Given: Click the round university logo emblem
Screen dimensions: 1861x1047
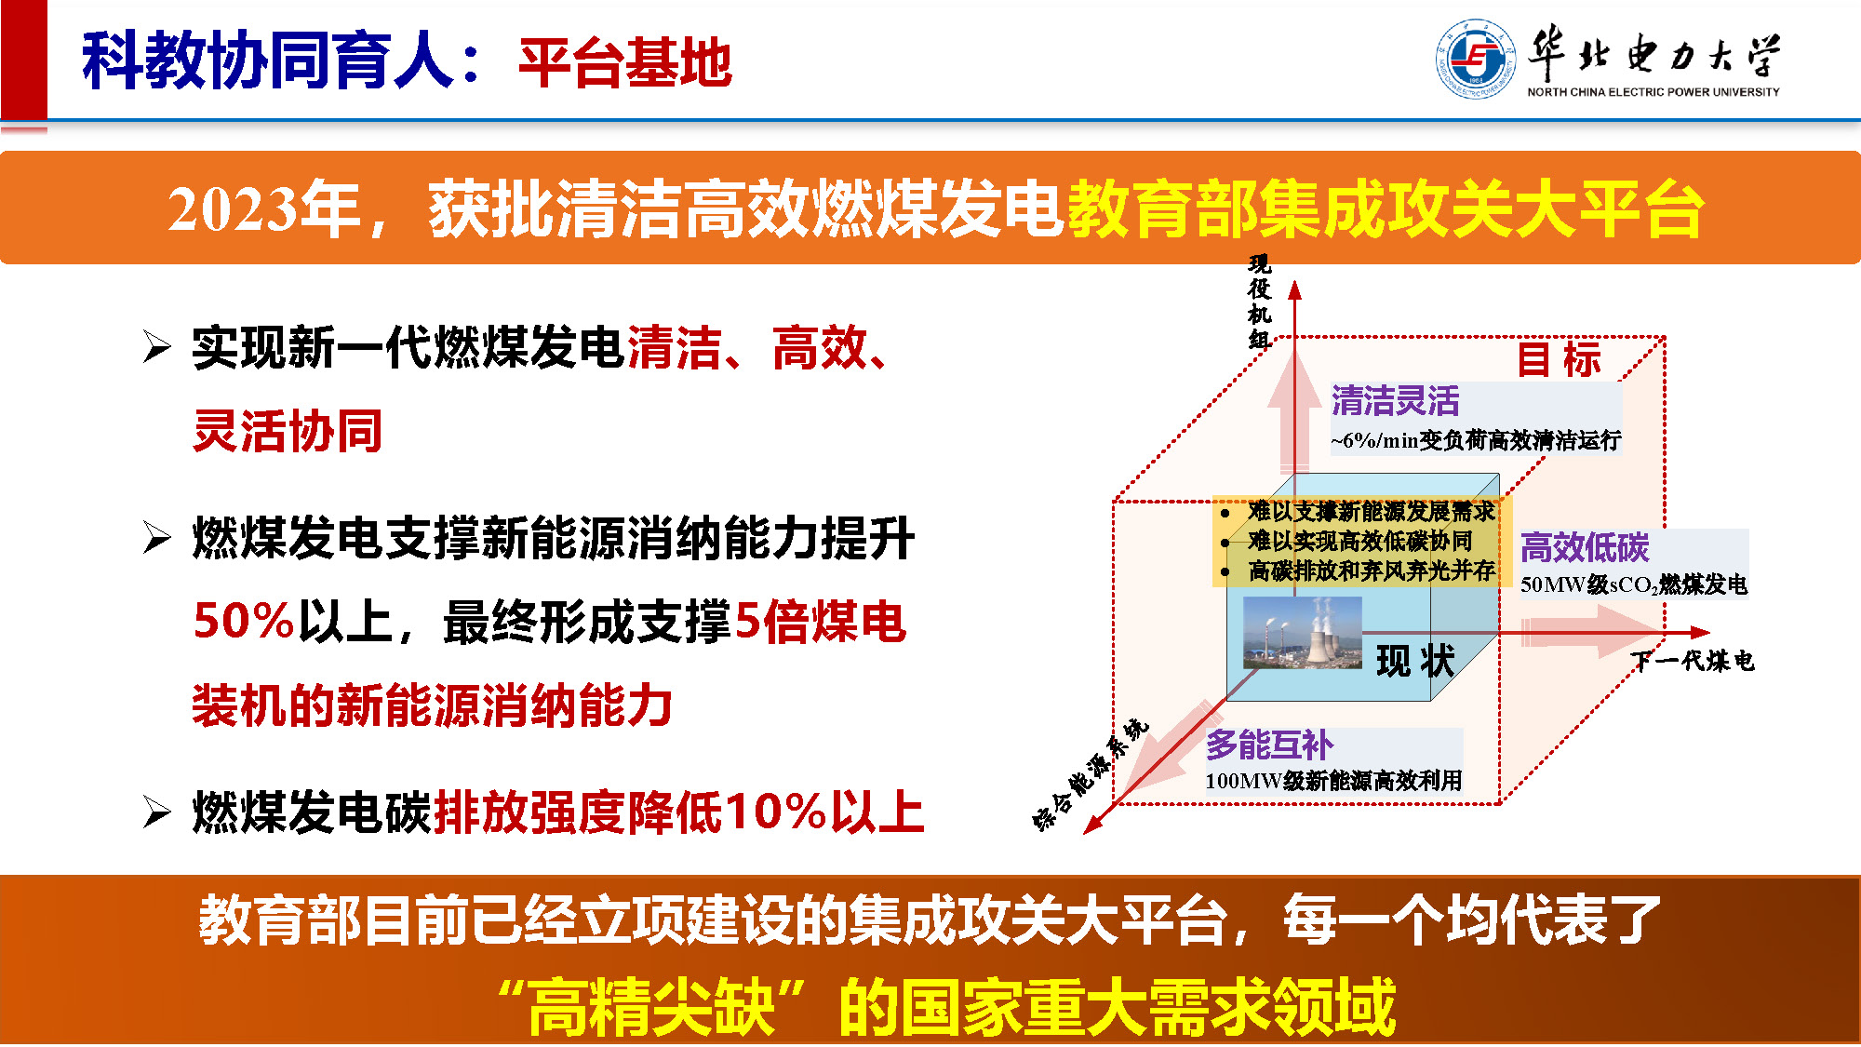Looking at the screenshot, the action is (1475, 59).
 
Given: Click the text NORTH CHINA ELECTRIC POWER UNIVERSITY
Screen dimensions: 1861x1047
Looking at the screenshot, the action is (1653, 92).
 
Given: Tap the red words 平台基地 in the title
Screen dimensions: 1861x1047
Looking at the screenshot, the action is (625, 62).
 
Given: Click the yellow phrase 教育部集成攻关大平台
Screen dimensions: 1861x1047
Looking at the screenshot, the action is (1386, 208).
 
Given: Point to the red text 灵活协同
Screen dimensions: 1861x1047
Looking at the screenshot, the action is (288, 431).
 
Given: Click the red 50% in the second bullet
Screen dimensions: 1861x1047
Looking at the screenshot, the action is (244, 621).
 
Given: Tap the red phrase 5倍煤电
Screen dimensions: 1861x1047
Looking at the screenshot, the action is (820, 621).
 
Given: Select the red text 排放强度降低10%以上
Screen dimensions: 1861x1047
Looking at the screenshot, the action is (679, 812).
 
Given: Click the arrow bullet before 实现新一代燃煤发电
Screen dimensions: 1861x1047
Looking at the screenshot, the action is (157, 346).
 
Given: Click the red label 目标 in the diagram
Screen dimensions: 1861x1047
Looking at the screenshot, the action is (1559, 359).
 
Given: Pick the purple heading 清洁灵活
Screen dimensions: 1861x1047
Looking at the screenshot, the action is (1395, 401).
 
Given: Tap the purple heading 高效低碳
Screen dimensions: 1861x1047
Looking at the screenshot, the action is (1585, 547).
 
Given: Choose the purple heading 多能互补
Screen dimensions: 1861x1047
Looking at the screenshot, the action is (1270, 745).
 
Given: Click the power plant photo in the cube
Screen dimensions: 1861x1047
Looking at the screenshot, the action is (1302, 632).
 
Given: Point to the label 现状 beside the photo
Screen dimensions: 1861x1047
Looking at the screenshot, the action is (1415, 661).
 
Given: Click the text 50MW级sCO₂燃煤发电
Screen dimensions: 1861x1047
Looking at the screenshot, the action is (1634, 584).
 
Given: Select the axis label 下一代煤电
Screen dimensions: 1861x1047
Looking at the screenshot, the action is (1693, 661).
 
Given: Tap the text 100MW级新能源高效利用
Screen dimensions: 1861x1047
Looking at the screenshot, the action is (1333, 780).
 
